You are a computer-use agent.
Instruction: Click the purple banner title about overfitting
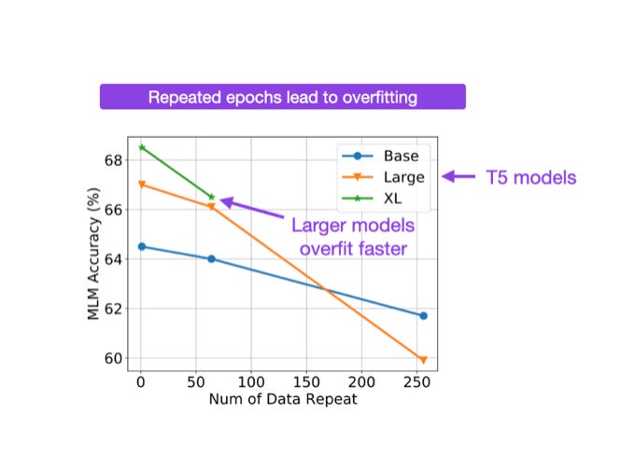tap(282, 97)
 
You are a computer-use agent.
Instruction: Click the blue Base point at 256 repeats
tap(423, 316)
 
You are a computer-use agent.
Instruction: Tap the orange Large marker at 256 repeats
tap(423, 360)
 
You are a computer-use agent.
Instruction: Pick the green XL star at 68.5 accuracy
tap(142, 147)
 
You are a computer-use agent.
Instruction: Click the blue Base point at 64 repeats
tap(211, 258)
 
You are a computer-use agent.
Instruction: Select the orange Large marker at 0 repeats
tap(142, 185)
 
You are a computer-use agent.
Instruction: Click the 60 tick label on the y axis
tap(114, 358)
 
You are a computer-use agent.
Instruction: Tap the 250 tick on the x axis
tap(416, 382)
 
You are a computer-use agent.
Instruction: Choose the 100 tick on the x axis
tap(251, 382)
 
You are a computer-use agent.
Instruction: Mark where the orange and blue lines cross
tap(324, 289)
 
